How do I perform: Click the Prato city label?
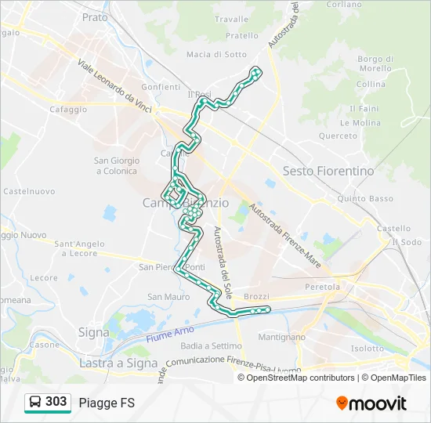95,16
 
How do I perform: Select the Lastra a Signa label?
118,363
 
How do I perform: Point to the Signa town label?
93,332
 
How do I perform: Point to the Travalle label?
230,19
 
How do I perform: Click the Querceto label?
338,136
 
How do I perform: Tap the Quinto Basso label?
365,199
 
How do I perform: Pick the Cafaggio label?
68,110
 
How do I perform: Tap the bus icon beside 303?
35,402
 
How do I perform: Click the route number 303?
56,402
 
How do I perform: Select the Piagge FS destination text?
107,403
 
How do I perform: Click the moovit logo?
371,403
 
